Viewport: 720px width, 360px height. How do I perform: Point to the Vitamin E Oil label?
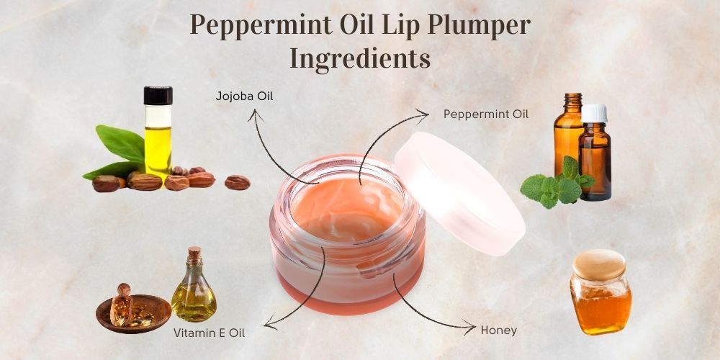209,333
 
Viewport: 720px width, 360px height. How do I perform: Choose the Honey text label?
499,330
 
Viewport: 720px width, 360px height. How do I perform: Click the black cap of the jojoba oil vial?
158,95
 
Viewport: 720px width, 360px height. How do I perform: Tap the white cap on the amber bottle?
594,113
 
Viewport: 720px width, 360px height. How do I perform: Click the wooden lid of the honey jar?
599,264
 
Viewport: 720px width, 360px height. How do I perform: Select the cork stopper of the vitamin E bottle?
194,253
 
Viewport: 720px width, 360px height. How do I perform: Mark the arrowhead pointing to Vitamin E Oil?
268,325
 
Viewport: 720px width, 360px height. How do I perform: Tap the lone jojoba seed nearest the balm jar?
237,182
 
